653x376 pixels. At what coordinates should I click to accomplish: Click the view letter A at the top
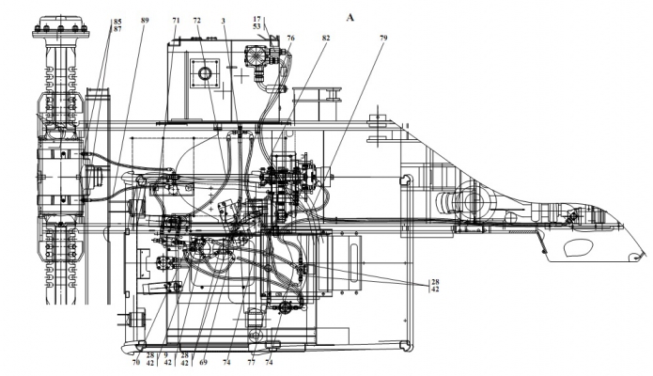click(x=350, y=18)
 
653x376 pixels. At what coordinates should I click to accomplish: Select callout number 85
click(x=117, y=22)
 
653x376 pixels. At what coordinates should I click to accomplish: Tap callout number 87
click(x=117, y=29)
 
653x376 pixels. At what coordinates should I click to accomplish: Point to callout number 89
click(x=145, y=20)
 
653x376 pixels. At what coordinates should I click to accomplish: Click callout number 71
click(x=176, y=20)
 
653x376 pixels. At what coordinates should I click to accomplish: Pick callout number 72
click(x=197, y=20)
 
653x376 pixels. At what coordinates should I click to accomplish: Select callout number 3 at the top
click(x=224, y=20)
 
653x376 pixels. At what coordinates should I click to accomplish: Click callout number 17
click(x=257, y=19)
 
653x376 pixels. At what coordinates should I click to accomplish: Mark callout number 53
click(x=257, y=26)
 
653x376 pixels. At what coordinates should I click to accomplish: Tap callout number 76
click(x=290, y=38)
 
